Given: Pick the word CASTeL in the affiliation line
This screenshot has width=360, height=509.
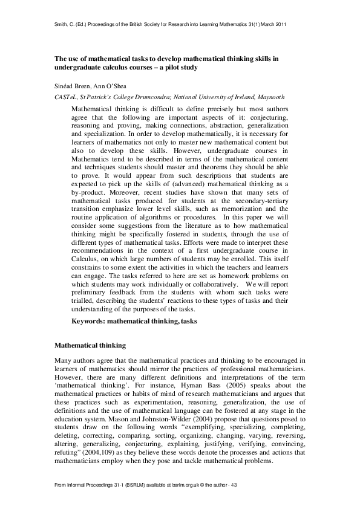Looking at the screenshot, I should click(67, 97).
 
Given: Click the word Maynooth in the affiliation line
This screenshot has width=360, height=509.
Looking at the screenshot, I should click(269, 97).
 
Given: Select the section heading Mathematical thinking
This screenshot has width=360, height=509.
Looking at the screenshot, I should click(90, 346).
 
